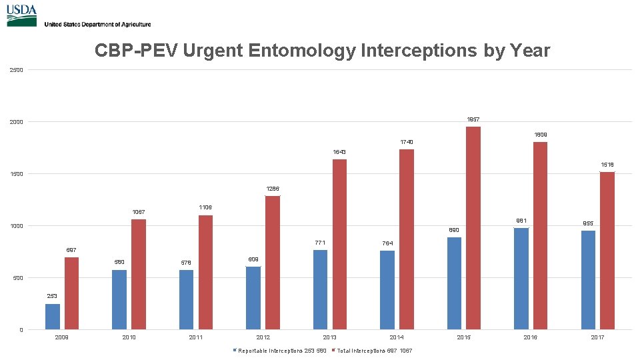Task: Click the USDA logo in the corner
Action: (21, 15)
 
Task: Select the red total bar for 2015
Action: (473, 227)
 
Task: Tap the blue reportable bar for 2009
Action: (53, 317)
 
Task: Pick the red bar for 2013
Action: (339, 244)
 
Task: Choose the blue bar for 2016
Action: (521, 279)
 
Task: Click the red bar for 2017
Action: (607, 251)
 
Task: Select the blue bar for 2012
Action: (253, 298)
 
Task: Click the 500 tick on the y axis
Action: (16, 278)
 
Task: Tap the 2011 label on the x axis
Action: (195, 338)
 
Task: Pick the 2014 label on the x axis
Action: (396, 338)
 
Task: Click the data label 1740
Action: (406, 142)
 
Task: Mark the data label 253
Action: (52, 296)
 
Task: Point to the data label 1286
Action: (272, 189)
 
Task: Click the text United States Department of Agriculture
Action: (97, 24)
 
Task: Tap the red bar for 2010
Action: (139, 275)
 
